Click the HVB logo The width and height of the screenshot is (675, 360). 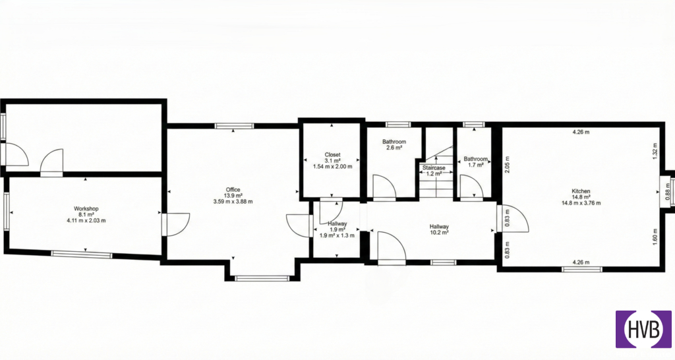(643, 330)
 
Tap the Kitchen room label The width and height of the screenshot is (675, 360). (581, 191)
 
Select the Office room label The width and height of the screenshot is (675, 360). (233, 189)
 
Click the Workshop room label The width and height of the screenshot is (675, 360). (86, 209)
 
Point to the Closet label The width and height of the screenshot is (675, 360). (332, 154)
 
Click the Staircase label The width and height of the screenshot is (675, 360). (434, 168)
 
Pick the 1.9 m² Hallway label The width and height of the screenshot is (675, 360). (337, 224)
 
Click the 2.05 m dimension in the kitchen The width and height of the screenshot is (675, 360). (507, 164)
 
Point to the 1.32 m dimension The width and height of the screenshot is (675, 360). (655, 151)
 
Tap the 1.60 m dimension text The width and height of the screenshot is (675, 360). (655, 237)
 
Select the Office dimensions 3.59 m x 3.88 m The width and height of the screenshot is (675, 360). (233, 201)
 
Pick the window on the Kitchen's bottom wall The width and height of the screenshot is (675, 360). (581, 270)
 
